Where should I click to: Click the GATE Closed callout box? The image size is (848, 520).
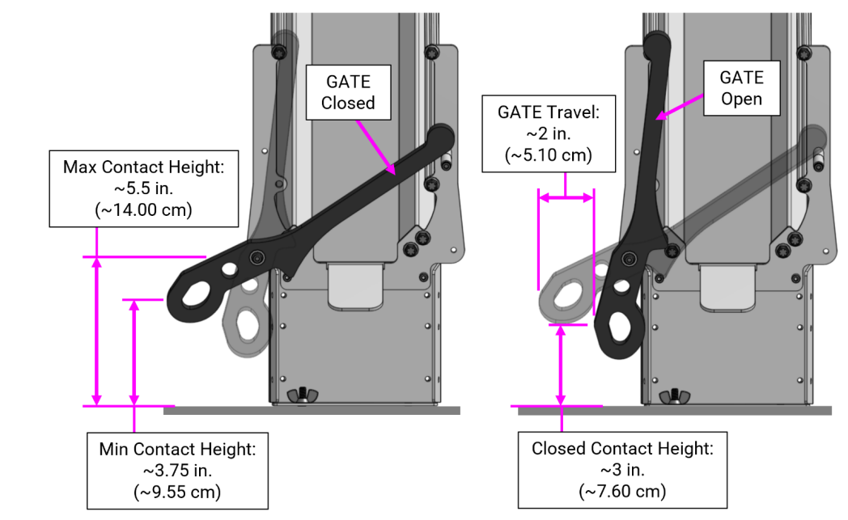349,92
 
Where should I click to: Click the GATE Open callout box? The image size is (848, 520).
741,88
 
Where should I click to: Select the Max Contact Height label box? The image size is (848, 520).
143,188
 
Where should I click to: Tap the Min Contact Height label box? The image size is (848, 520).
176,470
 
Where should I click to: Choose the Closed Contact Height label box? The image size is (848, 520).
622,470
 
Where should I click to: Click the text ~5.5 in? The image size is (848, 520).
143,188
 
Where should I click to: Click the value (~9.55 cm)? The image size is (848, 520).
176,491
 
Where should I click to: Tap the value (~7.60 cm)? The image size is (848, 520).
622,491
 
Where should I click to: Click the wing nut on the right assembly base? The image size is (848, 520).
671,396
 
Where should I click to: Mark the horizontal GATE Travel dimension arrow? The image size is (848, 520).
566,196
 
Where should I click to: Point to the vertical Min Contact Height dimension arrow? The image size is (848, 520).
134,352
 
